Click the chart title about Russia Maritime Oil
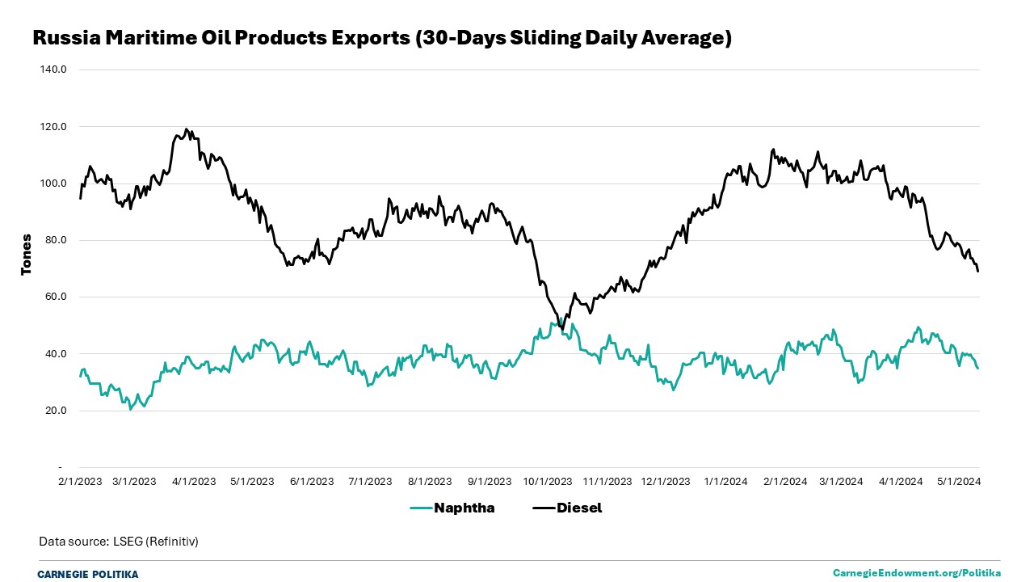(381, 37)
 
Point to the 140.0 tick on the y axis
(53, 70)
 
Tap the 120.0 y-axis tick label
(53, 127)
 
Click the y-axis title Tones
(27, 255)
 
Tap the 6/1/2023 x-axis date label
(311, 481)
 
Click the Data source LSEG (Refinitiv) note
(119, 541)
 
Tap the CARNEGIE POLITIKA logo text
(88, 574)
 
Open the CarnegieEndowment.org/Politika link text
(917, 573)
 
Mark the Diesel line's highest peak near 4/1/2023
(187, 129)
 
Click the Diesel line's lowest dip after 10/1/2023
(562, 329)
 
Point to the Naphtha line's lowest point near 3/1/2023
(131, 409)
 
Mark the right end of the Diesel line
(978, 271)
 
